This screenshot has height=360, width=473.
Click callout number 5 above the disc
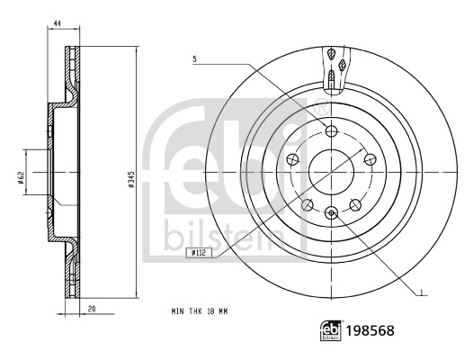192,60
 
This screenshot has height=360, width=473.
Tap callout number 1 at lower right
422,292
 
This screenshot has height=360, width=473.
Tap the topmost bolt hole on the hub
331,130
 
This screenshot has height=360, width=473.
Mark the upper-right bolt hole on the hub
370,158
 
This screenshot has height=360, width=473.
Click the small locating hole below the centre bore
331,212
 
